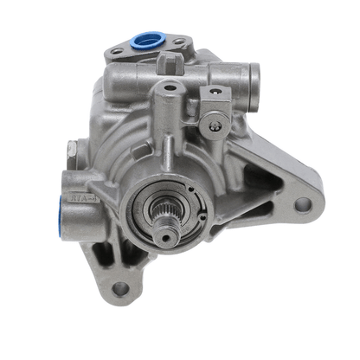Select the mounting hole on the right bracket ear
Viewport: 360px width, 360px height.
302,205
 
